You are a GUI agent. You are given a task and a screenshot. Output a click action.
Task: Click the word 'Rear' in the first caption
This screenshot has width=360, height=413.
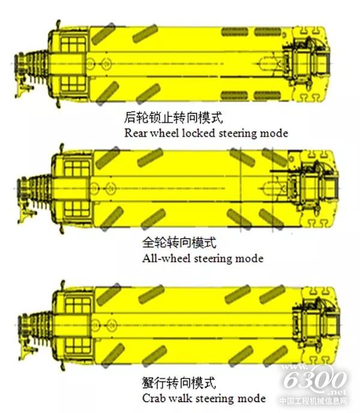pos(136,133)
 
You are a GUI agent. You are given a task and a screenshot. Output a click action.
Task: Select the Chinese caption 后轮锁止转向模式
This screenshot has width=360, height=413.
pos(173,117)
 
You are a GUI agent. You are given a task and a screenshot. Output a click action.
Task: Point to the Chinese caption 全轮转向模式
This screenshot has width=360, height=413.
pos(179,243)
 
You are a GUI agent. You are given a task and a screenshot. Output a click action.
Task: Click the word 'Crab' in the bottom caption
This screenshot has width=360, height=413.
pos(154,398)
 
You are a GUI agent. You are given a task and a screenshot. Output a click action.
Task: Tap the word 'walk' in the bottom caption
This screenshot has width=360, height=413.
pos(181,398)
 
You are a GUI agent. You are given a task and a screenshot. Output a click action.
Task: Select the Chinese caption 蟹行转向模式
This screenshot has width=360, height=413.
pos(179,383)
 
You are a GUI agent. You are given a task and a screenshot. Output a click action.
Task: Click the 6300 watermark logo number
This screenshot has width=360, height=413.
pos(315,379)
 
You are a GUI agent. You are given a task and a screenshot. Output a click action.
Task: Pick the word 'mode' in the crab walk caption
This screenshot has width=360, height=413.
pos(251,398)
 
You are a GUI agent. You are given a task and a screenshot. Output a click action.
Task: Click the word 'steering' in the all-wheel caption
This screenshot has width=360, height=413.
pos(213,259)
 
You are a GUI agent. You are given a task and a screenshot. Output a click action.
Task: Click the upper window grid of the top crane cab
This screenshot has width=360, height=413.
pos(73,44)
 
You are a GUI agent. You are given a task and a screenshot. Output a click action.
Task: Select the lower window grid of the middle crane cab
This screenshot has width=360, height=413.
pos(77,209)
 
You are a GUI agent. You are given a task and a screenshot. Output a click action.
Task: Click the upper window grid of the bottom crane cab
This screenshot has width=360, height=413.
pos(78,306)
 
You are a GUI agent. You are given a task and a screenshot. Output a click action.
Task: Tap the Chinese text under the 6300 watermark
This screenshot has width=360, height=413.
pos(313,401)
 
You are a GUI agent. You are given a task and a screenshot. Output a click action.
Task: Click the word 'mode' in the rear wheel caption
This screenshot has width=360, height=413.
pos(274,133)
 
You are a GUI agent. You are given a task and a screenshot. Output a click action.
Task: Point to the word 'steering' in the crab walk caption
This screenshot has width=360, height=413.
pos(215,399)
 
